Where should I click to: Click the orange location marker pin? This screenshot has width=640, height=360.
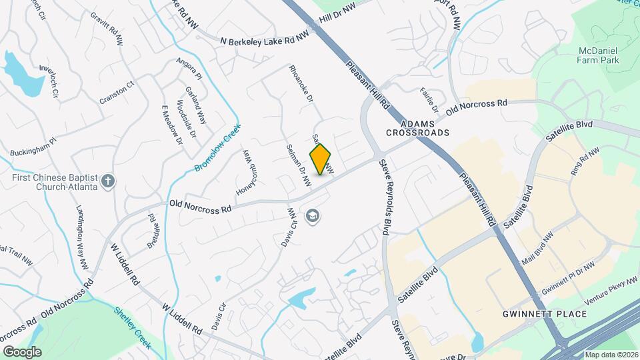(x=321, y=159)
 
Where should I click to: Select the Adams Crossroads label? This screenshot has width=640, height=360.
(x=417, y=128)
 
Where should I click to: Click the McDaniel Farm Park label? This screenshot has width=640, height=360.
(x=598, y=55)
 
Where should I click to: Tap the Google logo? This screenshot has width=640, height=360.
(x=22, y=351)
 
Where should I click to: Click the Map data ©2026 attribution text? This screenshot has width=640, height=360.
(x=611, y=355)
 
